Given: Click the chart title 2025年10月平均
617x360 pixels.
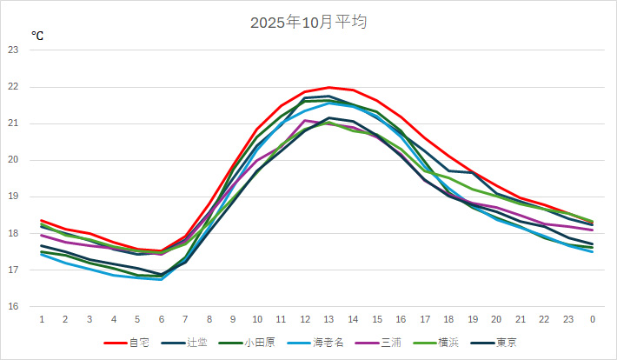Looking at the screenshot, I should coord(308,23).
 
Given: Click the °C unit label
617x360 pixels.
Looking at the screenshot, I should coord(37,36).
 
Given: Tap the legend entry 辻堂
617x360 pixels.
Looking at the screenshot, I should coord(197,342).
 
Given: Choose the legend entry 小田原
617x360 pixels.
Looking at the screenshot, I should coord(260,342).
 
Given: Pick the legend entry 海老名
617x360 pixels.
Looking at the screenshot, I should coord(328,342).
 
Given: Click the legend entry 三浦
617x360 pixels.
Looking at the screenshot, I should coord(391,342).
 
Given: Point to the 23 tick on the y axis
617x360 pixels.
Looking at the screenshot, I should coord(13,50).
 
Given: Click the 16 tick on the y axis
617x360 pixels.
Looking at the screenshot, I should coord(13,307).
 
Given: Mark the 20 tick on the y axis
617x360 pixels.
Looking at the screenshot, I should coord(13,160).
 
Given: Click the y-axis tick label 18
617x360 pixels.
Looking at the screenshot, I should coord(13,233).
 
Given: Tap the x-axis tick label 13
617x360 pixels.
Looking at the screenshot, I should coord(328,319).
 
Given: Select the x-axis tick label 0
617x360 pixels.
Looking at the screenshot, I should coord(593,319).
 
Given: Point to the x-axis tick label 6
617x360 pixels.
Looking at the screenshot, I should coord(162,319).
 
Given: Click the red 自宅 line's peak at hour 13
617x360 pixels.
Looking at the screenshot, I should coord(328,87).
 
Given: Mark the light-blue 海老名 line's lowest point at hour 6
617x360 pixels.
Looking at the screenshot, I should coord(162,280).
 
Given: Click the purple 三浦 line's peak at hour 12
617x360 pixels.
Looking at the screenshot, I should coord(305,120).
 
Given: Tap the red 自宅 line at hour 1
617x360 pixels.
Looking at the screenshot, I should coord(42,221).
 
